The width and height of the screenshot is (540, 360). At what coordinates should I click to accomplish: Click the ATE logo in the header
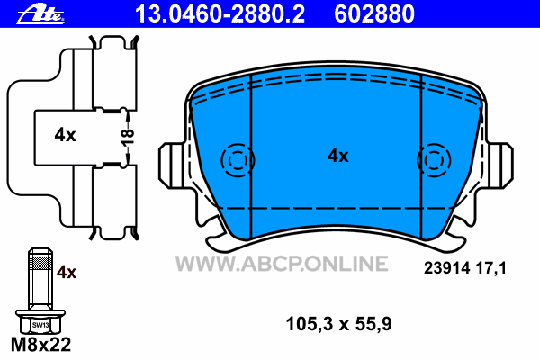[x=40, y=15]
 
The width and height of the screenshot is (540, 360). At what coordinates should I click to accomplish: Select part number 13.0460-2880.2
[x=220, y=14]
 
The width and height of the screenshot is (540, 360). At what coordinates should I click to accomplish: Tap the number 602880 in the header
[x=374, y=14]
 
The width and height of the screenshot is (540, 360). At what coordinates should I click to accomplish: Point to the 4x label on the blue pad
[x=337, y=156]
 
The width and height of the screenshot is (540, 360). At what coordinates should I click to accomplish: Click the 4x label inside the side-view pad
[x=65, y=135]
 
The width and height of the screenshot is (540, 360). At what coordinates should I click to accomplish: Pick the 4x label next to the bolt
[x=67, y=272]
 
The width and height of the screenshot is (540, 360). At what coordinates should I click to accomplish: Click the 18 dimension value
[x=128, y=138]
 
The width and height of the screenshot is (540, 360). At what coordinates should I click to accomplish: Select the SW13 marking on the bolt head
[x=40, y=325]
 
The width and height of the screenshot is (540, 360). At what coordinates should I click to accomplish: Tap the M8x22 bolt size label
[x=41, y=345]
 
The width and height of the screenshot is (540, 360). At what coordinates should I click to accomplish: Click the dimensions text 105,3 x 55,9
[x=339, y=324]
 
